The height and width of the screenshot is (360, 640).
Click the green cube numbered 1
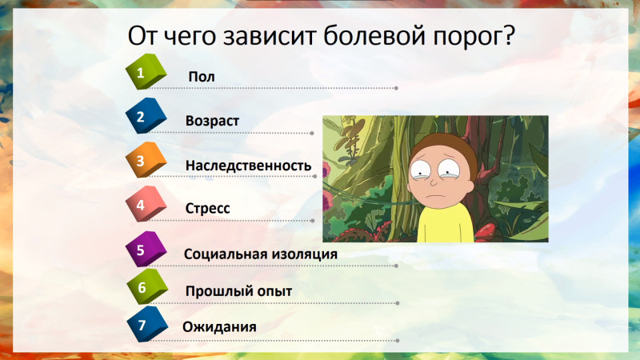coord(146,71)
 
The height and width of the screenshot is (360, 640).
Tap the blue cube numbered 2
coord(146,115)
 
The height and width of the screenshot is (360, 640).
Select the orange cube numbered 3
coord(146,159)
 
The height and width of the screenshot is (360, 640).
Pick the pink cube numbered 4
coord(146,204)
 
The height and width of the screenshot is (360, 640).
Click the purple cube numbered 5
coord(146,249)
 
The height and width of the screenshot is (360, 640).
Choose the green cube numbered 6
coord(147,286)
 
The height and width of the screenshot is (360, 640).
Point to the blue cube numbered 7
coord(147,324)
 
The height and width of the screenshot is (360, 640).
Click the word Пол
coord(202,77)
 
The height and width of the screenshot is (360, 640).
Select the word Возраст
coord(212,122)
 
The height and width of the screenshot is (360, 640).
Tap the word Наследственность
coord(248,166)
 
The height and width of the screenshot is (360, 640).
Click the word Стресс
coord(207,209)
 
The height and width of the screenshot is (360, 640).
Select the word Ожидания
coord(219,327)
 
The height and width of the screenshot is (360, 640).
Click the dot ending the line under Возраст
coord(312,133)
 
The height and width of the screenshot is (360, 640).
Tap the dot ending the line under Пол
coord(396,88)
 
